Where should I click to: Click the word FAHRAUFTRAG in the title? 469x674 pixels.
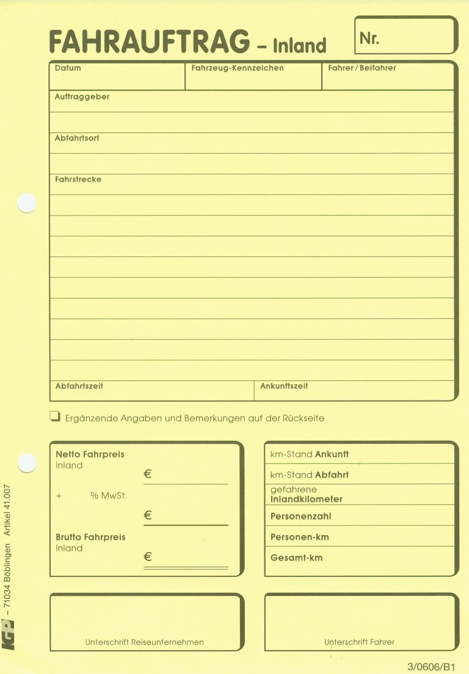pos(149,42)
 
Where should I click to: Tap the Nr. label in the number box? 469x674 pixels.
pos(369,38)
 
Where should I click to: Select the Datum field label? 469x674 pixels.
pos(68,68)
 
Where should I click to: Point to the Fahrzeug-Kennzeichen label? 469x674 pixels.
pos(238,68)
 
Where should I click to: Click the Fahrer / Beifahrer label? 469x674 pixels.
pos(362,68)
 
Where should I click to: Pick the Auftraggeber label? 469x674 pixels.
pos(82,96)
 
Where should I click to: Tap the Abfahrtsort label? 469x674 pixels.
pos(77,138)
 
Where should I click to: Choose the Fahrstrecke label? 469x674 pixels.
pos(78,179)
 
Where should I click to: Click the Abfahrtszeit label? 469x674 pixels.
pos(79,386)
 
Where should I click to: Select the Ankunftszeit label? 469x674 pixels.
pos(284,386)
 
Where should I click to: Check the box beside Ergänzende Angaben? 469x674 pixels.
pos(55,417)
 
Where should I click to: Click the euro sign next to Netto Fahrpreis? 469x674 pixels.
pos(148,474)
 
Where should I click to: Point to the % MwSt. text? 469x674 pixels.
pos(108,496)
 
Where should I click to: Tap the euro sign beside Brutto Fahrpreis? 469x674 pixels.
pos(148,557)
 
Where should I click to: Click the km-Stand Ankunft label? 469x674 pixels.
pos(309,454)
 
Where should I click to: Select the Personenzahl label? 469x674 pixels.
pos(300,516)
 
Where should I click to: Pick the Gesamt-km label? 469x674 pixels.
pos(296,557)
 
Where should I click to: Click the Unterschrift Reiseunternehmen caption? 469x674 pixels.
pos(144,642)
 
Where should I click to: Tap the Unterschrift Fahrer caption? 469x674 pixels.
pos(359,642)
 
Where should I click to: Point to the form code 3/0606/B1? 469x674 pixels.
pos(432,667)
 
